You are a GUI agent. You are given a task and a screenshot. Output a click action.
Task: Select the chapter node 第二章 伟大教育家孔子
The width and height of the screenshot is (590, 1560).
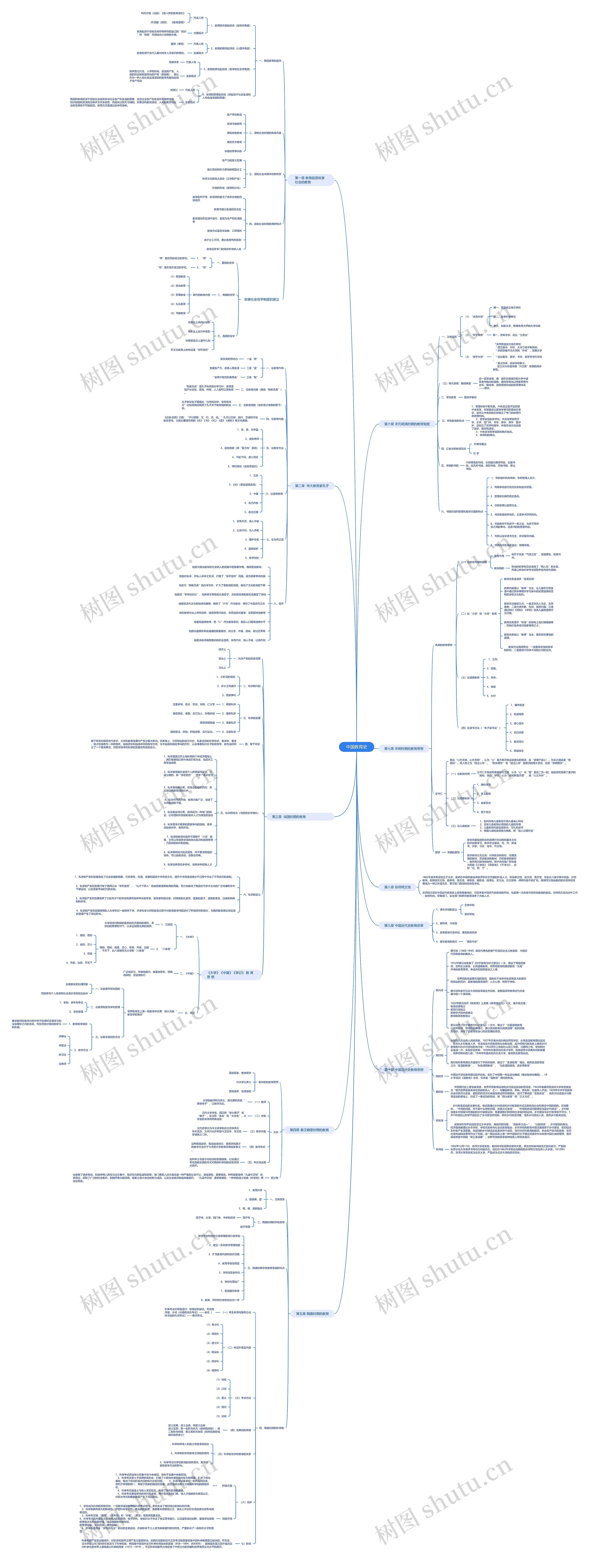[312, 486]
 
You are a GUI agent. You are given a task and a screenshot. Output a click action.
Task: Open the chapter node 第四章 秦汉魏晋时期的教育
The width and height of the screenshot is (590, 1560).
[309, 1129]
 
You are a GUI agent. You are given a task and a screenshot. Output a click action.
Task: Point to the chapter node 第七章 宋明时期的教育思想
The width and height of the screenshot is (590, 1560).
[404, 749]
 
